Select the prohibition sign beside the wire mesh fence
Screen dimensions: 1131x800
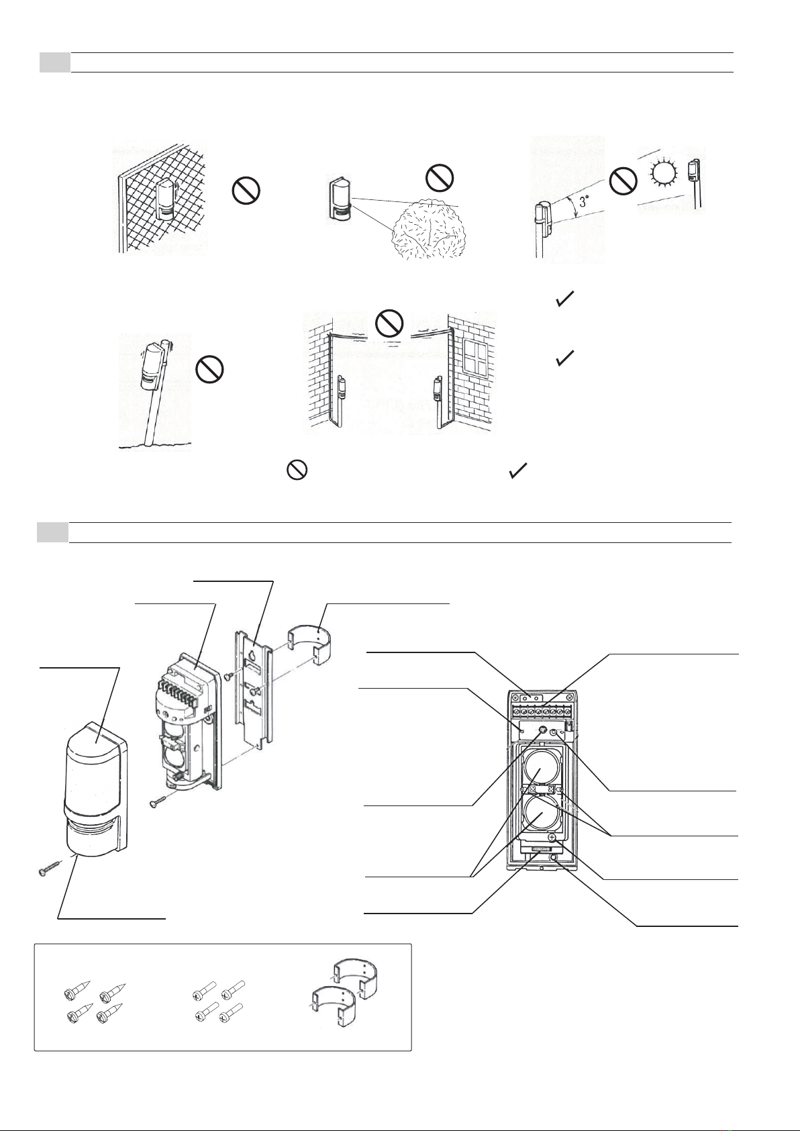point(246,192)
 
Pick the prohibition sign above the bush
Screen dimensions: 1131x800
point(440,178)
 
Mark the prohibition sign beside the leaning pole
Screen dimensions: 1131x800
point(209,370)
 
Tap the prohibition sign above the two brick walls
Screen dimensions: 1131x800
point(389,324)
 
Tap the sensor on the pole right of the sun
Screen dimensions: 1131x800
point(693,172)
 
